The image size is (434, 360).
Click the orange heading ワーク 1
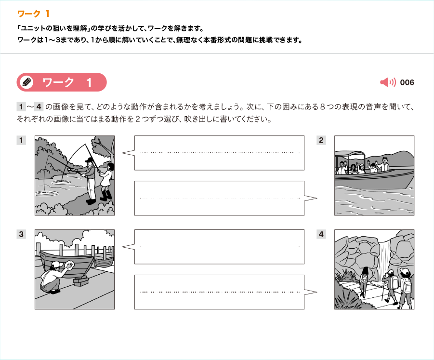click(33, 13)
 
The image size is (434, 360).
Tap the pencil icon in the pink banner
click(27, 82)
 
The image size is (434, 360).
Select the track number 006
click(407, 82)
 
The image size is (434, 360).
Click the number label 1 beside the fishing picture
click(21, 140)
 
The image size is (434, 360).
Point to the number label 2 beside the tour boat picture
click(321, 140)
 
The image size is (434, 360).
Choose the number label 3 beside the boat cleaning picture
click(21, 234)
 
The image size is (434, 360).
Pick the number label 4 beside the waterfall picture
click(321, 234)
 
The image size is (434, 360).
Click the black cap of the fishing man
click(89, 160)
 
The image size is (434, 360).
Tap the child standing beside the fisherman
click(106, 182)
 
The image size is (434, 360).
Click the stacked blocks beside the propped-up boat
click(81, 281)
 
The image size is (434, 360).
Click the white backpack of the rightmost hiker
click(407, 284)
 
